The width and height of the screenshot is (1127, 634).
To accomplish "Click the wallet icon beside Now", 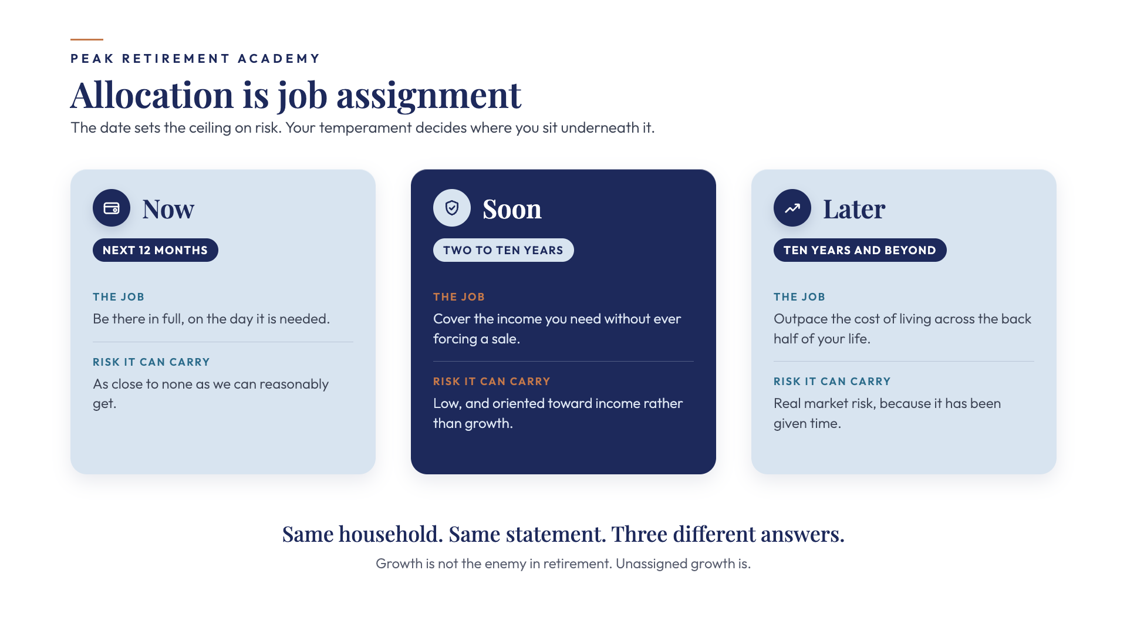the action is coord(112,208).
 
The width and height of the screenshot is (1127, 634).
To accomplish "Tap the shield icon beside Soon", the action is coord(452,208).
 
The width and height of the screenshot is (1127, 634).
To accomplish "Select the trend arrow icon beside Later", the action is coord(792,208).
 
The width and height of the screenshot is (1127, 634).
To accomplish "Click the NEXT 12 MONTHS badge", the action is coord(156,250).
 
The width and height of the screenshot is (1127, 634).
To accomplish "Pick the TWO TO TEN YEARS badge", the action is coord(504,250).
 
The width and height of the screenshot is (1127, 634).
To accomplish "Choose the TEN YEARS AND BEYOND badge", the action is coord(860,250).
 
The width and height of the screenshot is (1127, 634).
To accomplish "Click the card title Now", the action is coord(168,209).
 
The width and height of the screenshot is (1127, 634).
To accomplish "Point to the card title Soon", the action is coord(512,209).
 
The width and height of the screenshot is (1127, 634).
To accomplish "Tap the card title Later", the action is coord(854,209).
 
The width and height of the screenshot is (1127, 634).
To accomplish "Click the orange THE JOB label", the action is coord(459,297).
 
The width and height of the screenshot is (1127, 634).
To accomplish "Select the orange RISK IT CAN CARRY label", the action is coord(492,382).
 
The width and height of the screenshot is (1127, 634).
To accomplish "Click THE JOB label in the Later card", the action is coord(799,297).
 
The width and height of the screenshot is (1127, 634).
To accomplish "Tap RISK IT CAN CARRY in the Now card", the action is coord(151,362).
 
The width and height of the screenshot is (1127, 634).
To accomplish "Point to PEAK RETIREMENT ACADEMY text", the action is coord(195,59).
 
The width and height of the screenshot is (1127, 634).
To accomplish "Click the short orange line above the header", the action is coord(87,39).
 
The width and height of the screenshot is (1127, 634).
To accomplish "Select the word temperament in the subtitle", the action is coord(365,128).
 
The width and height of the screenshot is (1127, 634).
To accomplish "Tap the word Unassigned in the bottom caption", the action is coord(652,564).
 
